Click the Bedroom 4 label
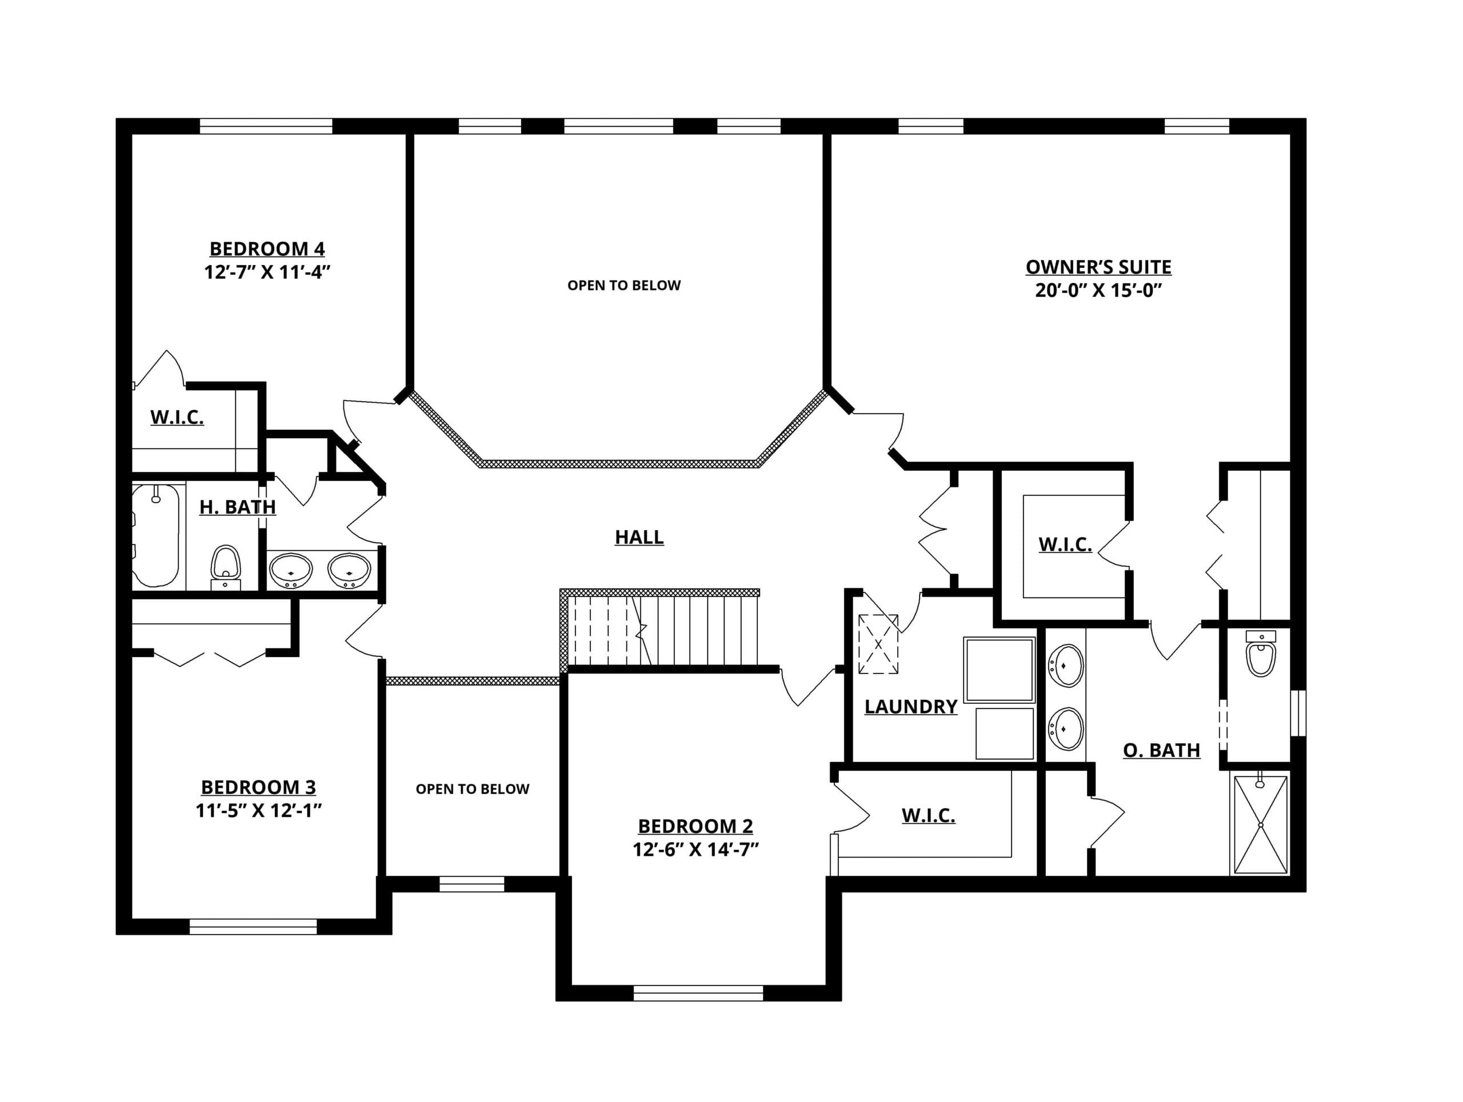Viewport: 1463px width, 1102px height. (267, 249)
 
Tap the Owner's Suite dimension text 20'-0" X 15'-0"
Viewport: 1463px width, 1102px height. (1098, 290)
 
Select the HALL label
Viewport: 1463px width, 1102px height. (639, 537)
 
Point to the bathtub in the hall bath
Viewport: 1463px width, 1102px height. (156, 535)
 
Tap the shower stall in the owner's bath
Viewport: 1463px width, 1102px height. (1261, 824)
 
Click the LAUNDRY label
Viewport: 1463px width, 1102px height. (911, 707)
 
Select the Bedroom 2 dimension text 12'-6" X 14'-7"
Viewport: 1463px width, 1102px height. (695, 849)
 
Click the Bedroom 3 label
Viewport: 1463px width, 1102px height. (259, 787)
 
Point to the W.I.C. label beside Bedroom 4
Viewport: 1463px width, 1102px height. (177, 417)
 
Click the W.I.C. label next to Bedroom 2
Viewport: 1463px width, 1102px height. (929, 816)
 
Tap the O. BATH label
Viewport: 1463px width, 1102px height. (1161, 750)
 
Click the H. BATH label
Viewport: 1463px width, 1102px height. (237, 507)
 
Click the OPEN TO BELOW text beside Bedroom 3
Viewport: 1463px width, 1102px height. (472, 789)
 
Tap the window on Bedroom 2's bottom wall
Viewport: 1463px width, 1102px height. (698, 993)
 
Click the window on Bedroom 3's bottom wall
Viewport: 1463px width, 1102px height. (253, 927)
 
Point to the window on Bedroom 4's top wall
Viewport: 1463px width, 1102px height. (266, 126)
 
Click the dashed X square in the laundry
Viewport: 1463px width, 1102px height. (878, 644)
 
